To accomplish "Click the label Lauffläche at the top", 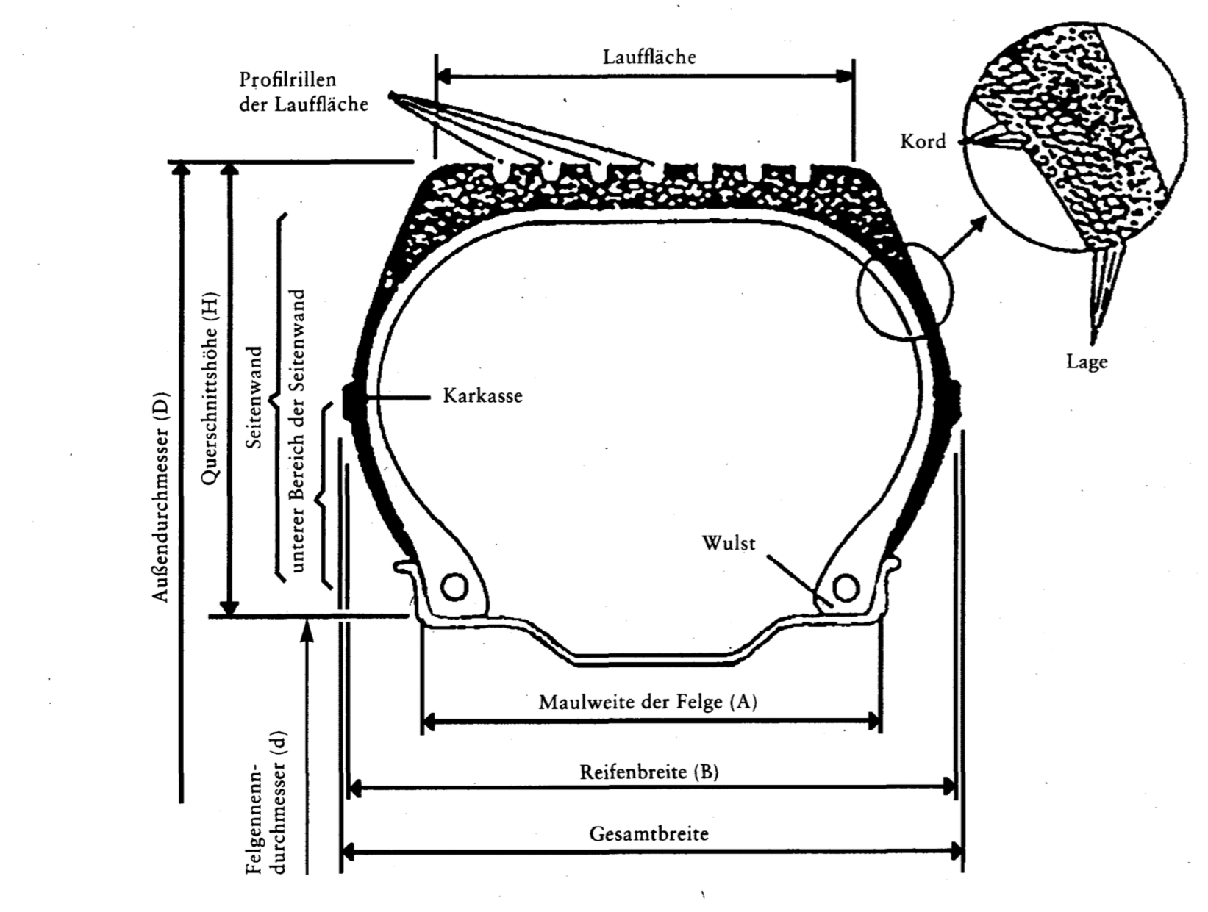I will pos(648,57).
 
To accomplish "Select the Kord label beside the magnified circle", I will pos(923,141).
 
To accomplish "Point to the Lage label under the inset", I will pos(1087,362).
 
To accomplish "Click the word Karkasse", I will pos(482,396).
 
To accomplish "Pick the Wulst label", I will pos(728,544).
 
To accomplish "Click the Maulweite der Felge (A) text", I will pos(648,702).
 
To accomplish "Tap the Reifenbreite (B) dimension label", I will pos(649,772).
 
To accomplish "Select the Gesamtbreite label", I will pos(648,834).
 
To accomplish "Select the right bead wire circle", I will pos(846,587).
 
